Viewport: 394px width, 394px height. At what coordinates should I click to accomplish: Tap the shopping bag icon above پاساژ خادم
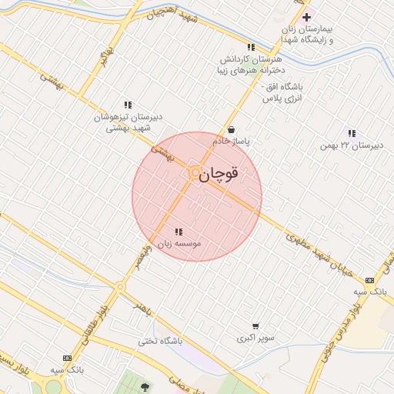(x=232, y=131)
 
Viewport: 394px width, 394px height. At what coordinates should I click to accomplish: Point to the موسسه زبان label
(x=179, y=243)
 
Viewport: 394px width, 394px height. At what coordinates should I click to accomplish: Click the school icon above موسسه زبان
(x=179, y=232)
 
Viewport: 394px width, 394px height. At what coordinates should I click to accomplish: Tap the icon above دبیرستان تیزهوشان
(x=128, y=105)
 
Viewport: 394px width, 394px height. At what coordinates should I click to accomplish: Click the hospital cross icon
(x=306, y=17)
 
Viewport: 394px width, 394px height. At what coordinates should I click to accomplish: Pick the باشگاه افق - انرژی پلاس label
(x=282, y=92)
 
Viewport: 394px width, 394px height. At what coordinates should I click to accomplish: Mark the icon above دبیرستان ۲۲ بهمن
(x=352, y=133)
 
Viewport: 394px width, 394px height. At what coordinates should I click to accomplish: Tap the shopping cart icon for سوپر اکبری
(x=255, y=326)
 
